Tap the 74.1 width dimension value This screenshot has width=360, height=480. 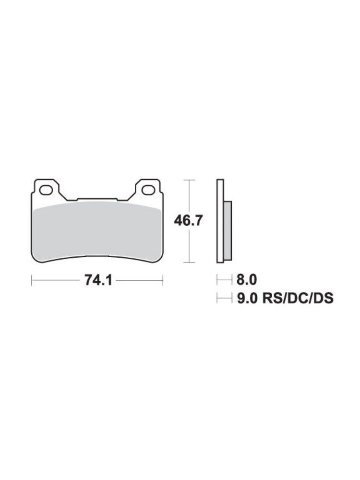pos(98,280)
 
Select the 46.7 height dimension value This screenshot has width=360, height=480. pos(188,220)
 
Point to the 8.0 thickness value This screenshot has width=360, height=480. pos(247,280)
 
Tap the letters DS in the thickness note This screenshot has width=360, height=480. pos(323,298)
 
